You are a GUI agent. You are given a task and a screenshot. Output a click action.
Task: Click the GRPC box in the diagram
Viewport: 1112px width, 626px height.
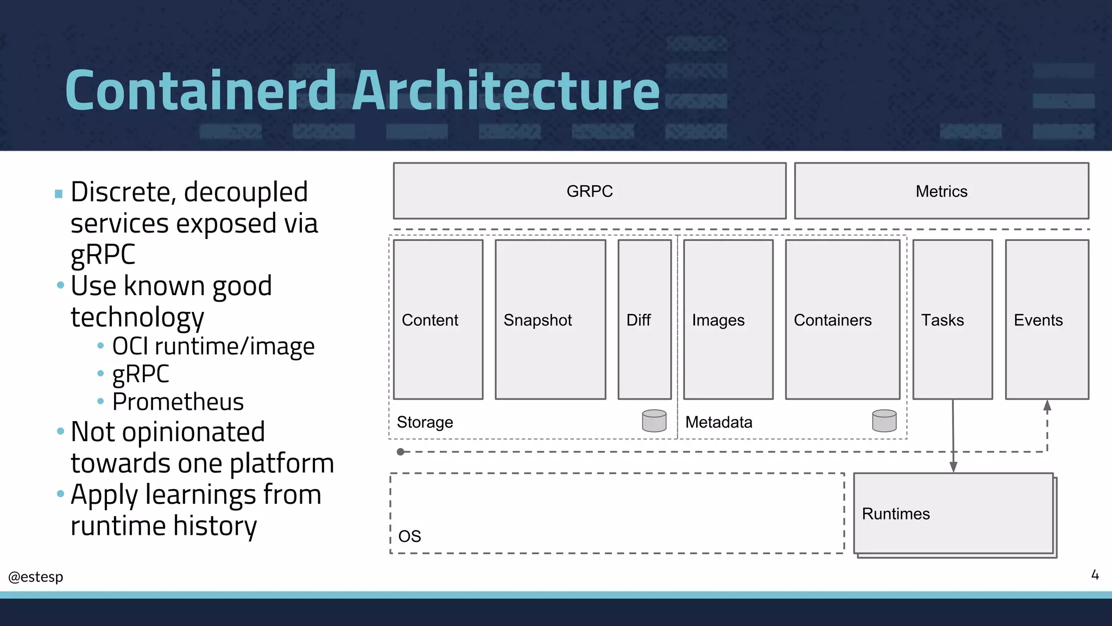click(x=590, y=191)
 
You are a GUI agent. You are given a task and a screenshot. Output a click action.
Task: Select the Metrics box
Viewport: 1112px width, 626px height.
click(x=942, y=191)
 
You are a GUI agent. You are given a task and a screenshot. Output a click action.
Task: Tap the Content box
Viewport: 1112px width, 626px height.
click(x=438, y=320)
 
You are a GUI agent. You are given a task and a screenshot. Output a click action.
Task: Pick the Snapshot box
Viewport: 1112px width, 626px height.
click(x=550, y=320)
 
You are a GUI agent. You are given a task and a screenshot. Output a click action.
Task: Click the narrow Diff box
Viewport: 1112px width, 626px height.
click(x=645, y=320)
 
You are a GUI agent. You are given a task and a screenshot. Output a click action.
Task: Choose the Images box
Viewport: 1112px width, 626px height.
click(x=728, y=320)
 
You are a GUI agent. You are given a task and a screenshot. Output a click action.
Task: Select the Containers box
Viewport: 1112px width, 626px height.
click(x=842, y=320)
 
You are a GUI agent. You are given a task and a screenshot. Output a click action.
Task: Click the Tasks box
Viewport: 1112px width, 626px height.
click(x=952, y=320)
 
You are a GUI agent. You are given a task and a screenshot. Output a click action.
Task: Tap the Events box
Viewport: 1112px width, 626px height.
click(x=1046, y=320)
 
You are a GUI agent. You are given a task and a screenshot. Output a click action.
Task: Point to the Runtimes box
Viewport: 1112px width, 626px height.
click(x=953, y=514)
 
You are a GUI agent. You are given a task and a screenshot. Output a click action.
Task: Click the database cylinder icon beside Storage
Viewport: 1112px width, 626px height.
click(x=654, y=421)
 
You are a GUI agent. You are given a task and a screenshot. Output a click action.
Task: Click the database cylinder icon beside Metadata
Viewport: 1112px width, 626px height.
click(x=884, y=421)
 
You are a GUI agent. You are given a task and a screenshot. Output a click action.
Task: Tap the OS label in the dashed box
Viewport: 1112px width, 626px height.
click(x=409, y=536)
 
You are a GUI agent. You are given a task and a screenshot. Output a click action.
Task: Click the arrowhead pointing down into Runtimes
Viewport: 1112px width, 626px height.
click(x=953, y=467)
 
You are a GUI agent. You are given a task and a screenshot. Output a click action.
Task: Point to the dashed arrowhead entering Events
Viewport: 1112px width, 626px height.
click(x=1047, y=405)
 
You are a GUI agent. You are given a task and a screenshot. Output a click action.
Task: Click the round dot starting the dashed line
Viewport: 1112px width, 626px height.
click(x=400, y=452)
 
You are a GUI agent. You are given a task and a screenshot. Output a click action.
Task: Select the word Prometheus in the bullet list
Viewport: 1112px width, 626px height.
click(x=178, y=402)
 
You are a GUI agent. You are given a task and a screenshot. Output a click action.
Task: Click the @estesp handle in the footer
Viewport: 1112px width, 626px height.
click(x=36, y=577)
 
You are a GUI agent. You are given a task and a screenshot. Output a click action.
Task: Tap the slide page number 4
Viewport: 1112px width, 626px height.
click(x=1095, y=575)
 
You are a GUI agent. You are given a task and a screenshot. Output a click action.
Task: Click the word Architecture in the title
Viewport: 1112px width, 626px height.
click(x=506, y=90)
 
